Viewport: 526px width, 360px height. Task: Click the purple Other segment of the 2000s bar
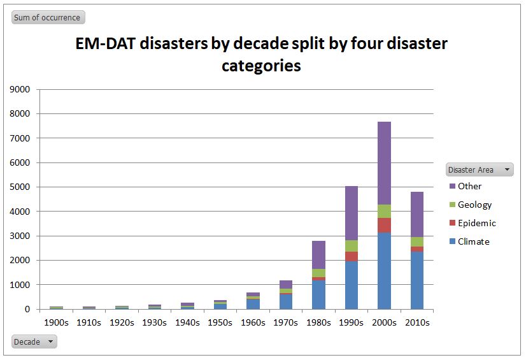(x=384, y=163)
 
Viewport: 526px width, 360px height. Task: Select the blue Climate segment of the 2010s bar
(x=417, y=280)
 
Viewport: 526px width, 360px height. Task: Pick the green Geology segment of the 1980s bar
(x=318, y=273)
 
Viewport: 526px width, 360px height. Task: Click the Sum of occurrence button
(x=48, y=17)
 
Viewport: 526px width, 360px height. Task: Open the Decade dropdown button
(x=34, y=342)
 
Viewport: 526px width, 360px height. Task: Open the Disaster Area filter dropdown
(x=480, y=169)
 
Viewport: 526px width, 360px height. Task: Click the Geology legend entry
(x=474, y=205)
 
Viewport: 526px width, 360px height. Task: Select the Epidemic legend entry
(x=476, y=223)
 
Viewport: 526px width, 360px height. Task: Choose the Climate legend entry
(x=473, y=241)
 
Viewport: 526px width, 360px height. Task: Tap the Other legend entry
(x=469, y=186)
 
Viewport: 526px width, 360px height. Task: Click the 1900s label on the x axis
(x=56, y=322)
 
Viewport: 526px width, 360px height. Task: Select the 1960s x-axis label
(x=253, y=322)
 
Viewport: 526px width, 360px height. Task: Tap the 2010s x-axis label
(x=417, y=322)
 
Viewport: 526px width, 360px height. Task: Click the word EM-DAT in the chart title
(x=106, y=43)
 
